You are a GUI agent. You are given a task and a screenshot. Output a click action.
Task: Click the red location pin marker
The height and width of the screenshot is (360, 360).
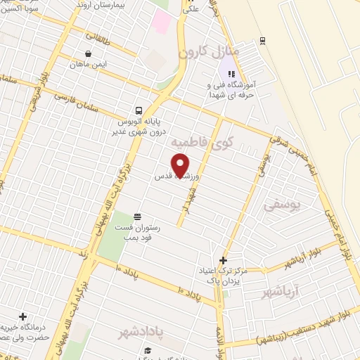pos(181,165)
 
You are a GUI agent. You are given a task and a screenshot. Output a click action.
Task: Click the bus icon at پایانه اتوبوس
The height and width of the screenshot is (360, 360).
pos(139,110)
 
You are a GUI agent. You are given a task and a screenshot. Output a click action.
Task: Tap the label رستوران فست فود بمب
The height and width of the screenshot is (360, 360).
pos(137,233)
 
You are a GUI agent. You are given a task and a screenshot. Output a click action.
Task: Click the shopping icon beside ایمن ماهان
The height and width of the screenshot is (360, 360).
pos(87,53)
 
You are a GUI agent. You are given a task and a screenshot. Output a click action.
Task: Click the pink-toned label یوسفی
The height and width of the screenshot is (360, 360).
pos(285,205)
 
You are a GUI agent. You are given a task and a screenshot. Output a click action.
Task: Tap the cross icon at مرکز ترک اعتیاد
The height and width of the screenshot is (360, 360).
pos(224,259)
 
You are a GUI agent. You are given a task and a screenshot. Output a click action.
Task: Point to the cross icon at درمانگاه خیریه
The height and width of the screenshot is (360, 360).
pos(24,317)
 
